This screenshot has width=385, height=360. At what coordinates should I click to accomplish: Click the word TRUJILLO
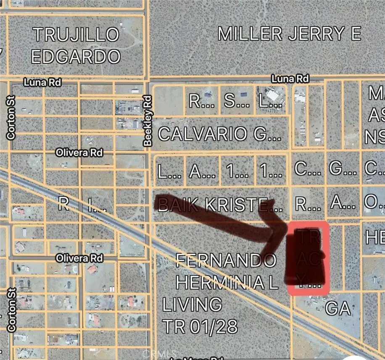pyautogui.click(x=76, y=34)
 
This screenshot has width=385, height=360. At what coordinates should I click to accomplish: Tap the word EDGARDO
pyautogui.click(x=76, y=56)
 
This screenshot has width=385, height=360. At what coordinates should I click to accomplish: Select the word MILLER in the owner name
pyautogui.click(x=250, y=34)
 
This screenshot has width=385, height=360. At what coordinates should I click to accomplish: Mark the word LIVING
pyautogui.click(x=192, y=305)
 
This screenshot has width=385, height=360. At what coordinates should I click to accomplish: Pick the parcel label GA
pyautogui.click(x=338, y=309)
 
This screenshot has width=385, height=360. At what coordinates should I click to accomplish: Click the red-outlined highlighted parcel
pyautogui.click(x=308, y=257)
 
